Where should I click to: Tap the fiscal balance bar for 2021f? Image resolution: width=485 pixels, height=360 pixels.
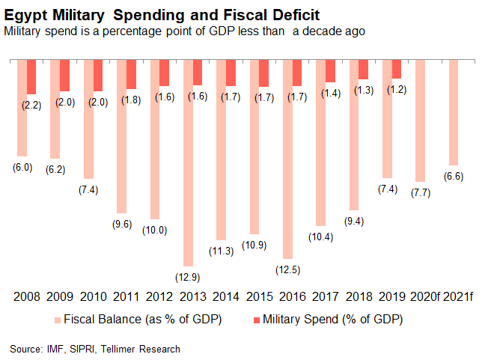452,112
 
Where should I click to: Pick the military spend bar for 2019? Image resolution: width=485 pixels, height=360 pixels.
396,69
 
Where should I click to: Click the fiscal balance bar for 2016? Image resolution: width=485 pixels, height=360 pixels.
287,157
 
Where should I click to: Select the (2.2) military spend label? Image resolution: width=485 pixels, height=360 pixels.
31,106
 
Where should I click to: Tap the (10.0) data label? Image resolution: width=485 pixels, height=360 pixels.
153,230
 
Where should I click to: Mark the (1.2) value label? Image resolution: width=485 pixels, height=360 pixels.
397,90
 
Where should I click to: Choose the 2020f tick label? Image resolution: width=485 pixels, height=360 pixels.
424,297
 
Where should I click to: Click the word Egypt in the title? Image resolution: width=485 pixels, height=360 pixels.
26,14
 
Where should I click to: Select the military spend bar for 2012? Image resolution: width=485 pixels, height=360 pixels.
164,73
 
